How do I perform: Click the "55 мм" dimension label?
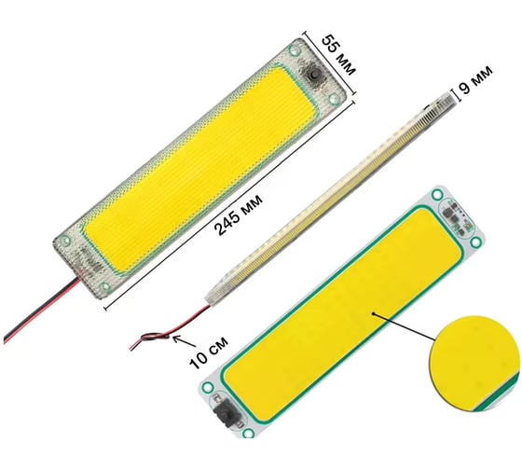338,55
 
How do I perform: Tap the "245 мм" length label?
239,214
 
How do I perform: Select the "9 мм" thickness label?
475,79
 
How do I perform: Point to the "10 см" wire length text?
209,352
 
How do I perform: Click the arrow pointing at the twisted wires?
184,341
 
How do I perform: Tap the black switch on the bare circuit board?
223,413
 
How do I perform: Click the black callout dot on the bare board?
374,313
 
